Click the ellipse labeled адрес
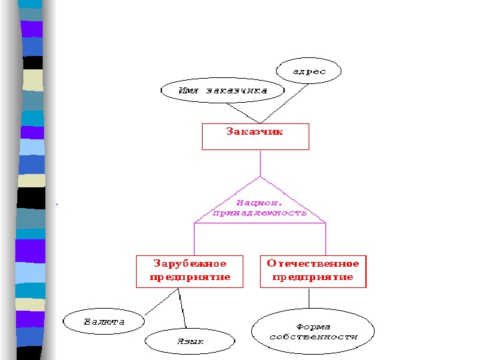pos(308,71)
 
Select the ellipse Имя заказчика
pos(223,91)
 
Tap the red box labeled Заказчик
pos(255,136)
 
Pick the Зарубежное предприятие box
pos(190,271)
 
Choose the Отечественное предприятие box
pos(313,271)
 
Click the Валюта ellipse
pos(103,322)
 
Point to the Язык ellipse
pos(190,341)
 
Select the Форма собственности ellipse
pos(313,331)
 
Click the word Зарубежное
pos(190,264)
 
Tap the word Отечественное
pos(313,264)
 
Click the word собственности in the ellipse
pos(313,337)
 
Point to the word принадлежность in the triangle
pos(260,213)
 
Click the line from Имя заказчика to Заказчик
pos(241,111)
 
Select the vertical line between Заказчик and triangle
pos(260,163)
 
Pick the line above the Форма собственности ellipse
pos(309,297)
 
